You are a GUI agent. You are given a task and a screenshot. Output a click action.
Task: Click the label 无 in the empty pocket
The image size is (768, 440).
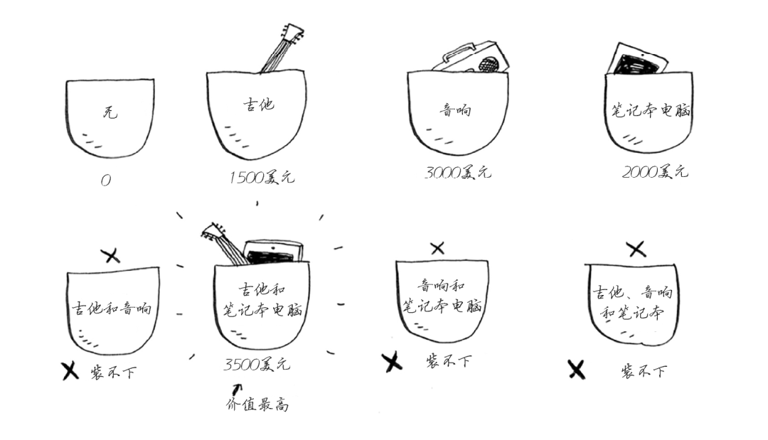pyautogui.click(x=110, y=112)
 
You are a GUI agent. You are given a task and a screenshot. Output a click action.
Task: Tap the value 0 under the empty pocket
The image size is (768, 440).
pyautogui.click(x=106, y=181)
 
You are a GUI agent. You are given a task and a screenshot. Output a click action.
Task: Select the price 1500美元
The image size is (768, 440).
pyautogui.click(x=262, y=177)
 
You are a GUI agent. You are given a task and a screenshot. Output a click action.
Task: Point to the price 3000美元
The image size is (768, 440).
pyautogui.click(x=458, y=172)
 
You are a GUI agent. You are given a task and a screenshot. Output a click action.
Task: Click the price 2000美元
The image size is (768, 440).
pyautogui.click(x=656, y=171)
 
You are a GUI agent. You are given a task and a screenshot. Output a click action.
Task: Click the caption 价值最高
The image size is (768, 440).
pyautogui.click(x=257, y=404)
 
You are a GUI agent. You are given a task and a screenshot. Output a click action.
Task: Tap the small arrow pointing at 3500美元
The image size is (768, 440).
pyautogui.click(x=237, y=389)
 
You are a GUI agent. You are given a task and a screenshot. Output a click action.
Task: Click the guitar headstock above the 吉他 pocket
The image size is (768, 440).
pyautogui.click(x=292, y=32)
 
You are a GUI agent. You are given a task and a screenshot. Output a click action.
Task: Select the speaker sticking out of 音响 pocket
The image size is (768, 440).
pyautogui.click(x=471, y=58)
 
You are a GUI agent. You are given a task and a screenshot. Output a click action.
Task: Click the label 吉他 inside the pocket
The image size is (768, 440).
pyautogui.click(x=259, y=104)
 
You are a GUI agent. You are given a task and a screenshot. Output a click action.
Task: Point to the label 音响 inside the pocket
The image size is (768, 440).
pyautogui.click(x=456, y=109)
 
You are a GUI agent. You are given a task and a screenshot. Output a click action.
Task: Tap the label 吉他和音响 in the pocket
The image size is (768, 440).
pyautogui.click(x=112, y=308)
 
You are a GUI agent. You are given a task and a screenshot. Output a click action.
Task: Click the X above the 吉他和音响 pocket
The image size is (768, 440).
pyautogui.click(x=111, y=255)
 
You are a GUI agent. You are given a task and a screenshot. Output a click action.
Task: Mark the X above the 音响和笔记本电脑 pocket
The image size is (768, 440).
pyautogui.click(x=437, y=248)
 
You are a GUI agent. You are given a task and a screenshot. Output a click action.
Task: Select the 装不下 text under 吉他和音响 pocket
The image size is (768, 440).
pyautogui.click(x=113, y=372)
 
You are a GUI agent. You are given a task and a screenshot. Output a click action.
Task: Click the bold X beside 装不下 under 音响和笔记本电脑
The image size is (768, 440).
pyautogui.click(x=392, y=363)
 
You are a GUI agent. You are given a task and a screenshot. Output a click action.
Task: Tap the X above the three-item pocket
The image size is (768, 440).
pyautogui.click(x=636, y=249)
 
